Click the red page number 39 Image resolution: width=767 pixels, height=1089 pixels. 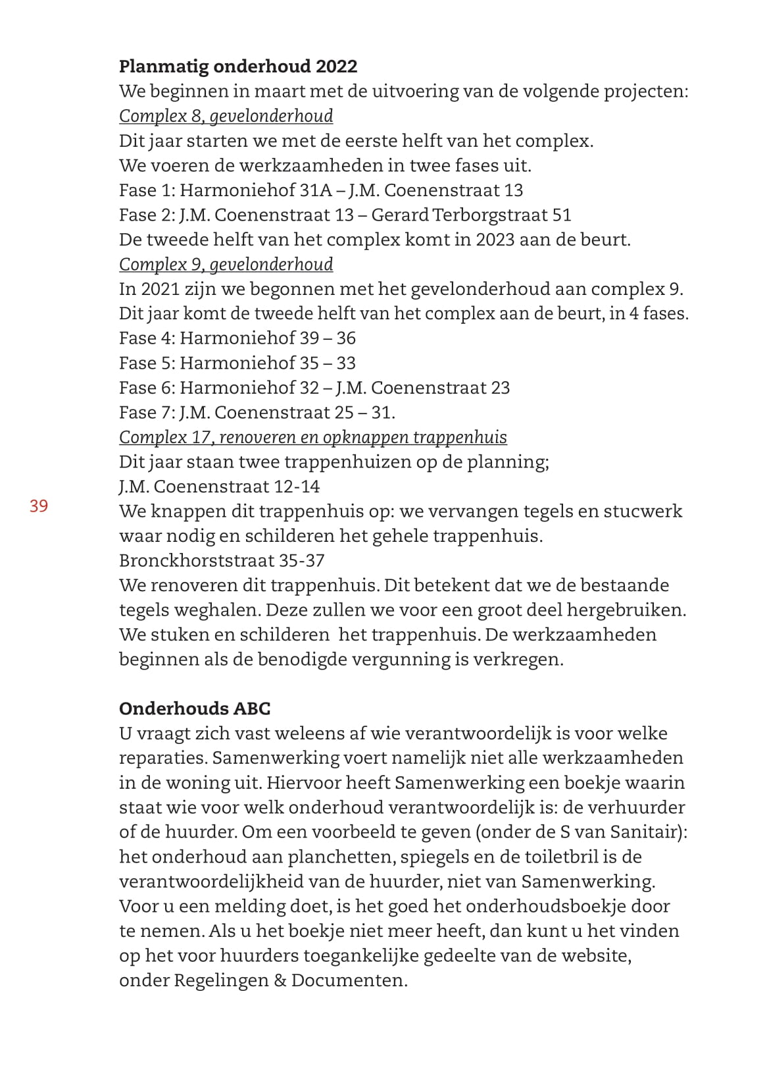(x=39, y=506)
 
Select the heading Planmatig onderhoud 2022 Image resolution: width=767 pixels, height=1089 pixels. (x=237, y=66)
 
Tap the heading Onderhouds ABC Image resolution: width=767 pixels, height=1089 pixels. (x=195, y=708)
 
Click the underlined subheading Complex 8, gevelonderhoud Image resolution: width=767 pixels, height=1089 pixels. (x=226, y=116)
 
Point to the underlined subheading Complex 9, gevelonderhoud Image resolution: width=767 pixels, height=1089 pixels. (x=226, y=265)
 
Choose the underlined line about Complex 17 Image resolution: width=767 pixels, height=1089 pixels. (x=312, y=438)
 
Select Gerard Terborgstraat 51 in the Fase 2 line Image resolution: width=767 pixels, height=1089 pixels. (x=471, y=215)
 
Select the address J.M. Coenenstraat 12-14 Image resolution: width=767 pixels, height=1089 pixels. (x=219, y=487)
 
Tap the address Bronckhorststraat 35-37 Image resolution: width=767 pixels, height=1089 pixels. (x=222, y=561)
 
